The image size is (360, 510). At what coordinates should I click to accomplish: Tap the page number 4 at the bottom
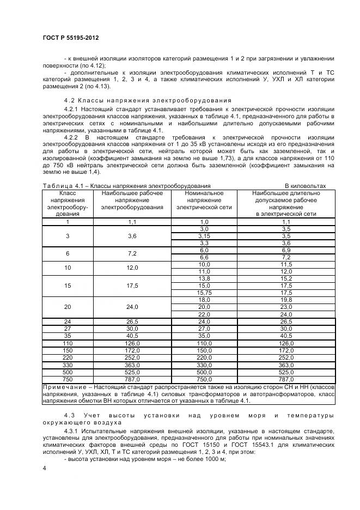pos(44,468)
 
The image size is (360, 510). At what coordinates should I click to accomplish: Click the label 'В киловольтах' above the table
pos(306,186)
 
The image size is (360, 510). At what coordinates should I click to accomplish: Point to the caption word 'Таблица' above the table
pos(56,186)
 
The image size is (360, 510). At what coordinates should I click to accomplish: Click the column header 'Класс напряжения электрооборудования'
pos(68,203)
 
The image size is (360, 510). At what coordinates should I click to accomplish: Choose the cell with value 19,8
pos(286,300)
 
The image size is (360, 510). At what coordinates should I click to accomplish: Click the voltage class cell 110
pos(68,343)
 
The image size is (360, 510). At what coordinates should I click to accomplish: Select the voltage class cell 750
pos(68,379)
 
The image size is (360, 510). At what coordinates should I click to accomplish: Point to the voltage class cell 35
pos(68,336)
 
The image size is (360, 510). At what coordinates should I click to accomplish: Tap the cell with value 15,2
pos(286,278)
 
